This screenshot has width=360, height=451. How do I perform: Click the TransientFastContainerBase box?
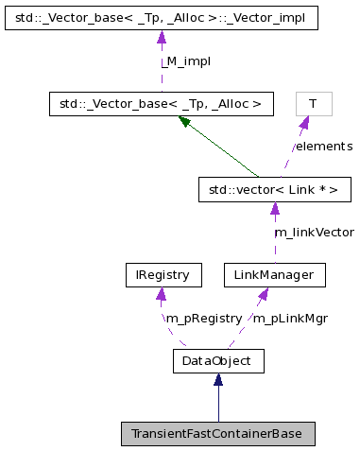pyautogui.click(x=217, y=434)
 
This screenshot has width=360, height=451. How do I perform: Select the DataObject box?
pyautogui.click(x=217, y=360)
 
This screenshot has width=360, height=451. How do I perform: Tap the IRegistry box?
pyautogui.click(x=163, y=275)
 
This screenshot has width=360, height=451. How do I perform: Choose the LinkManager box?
pyautogui.click(x=274, y=275)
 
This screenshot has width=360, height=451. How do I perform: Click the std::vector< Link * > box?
pyautogui.click(x=274, y=190)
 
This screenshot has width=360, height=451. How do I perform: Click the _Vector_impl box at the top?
pyautogui.click(x=161, y=18)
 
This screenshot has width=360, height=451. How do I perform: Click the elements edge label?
pyautogui.click(x=323, y=147)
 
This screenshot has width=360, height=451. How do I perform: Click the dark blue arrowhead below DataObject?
pyautogui.click(x=217, y=379)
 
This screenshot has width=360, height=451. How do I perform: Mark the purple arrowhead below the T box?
pyautogui.click(x=303, y=123)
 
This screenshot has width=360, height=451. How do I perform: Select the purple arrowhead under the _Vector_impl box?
pyautogui.click(x=161, y=37)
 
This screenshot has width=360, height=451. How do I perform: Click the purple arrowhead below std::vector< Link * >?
pyautogui.click(x=274, y=209)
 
